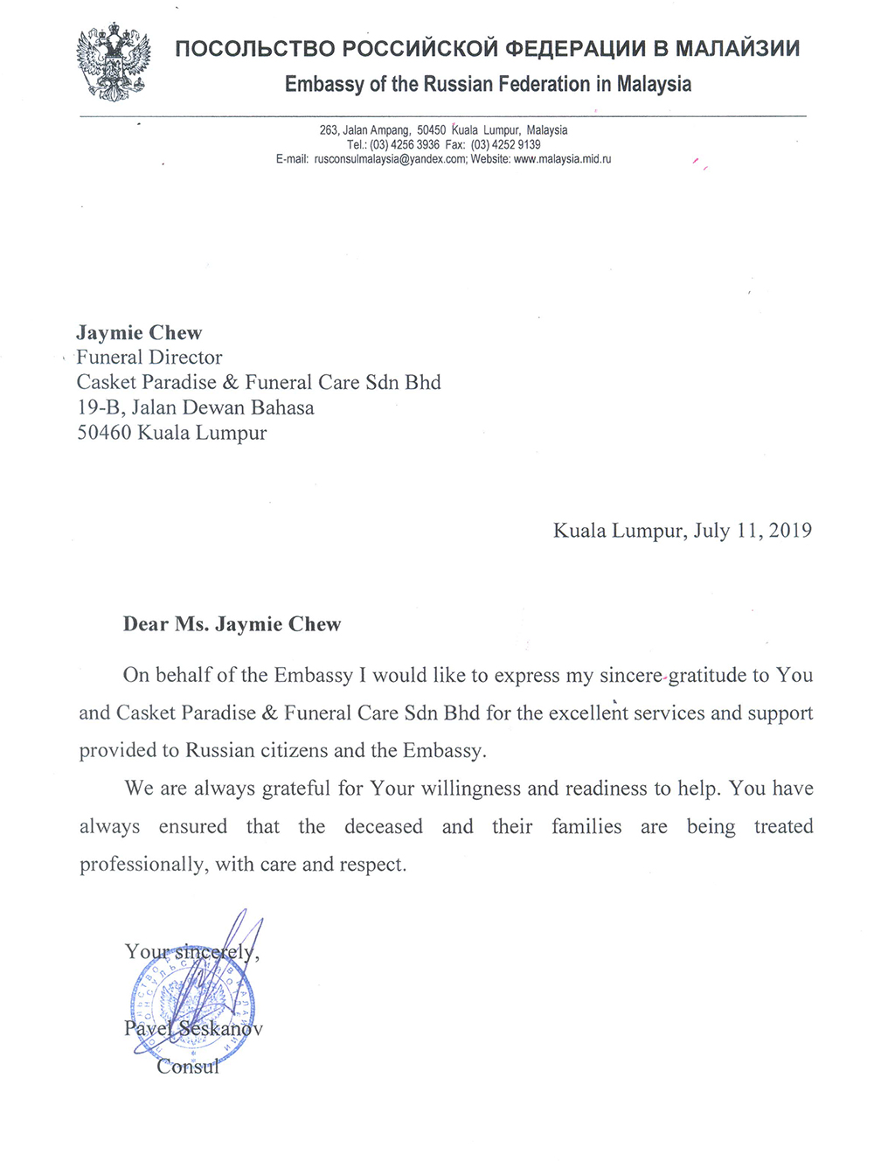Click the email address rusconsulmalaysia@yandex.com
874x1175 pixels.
(390, 159)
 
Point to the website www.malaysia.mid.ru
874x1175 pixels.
(562, 159)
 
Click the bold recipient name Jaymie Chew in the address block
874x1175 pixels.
(139, 333)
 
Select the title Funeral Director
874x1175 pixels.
(149, 358)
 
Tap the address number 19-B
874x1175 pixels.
(100, 408)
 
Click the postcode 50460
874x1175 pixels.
(104, 434)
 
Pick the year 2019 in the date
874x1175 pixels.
(790, 531)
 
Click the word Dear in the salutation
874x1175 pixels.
(146, 624)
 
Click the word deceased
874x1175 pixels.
(383, 827)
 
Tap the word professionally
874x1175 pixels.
(143, 866)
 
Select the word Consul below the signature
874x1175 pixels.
(187, 1067)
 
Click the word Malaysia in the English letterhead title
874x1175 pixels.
(654, 85)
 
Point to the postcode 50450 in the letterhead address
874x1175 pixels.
(431, 130)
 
